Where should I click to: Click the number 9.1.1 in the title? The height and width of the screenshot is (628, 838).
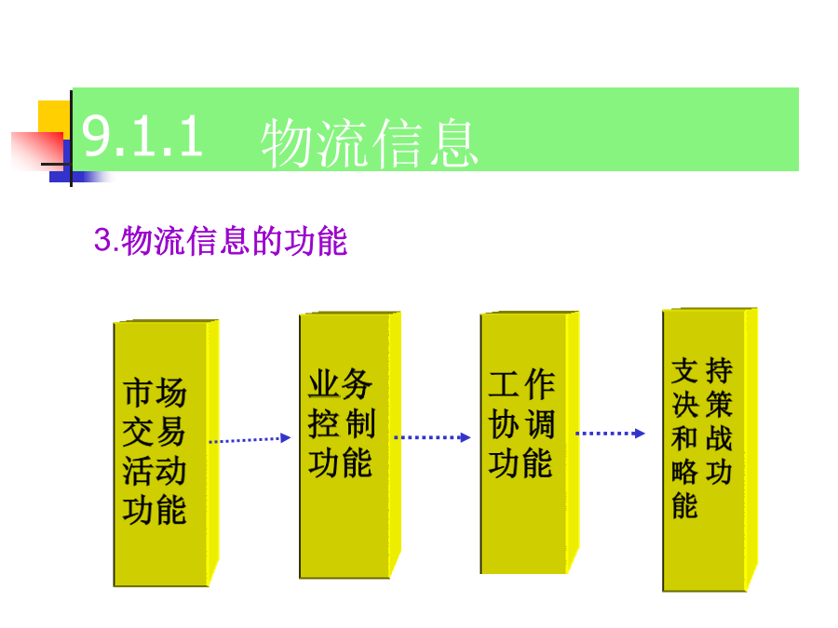pyautogui.click(x=142, y=138)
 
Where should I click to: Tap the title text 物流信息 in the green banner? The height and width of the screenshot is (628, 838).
pyautogui.click(x=370, y=143)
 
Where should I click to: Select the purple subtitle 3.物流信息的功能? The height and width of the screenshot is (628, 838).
pyautogui.click(x=221, y=241)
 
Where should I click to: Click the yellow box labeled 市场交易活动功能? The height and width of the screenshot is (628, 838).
pyautogui.click(x=167, y=453)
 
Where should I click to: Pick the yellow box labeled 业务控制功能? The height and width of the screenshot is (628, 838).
pyautogui.click(x=350, y=445)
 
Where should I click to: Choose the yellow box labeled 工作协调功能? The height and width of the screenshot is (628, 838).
pyautogui.click(x=530, y=443)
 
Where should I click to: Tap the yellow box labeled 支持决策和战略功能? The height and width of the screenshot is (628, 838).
pyautogui.click(x=710, y=449)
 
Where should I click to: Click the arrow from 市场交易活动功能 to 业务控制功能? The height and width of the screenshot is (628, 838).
pyautogui.click(x=250, y=439)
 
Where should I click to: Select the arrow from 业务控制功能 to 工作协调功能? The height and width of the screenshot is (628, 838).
pyautogui.click(x=432, y=437)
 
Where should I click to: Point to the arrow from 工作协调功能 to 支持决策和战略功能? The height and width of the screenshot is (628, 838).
pyautogui.click(x=610, y=433)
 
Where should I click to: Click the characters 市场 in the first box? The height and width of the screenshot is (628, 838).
pyautogui.click(x=155, y=393)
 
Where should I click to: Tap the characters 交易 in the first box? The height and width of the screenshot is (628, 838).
pyautogui.click(x=154, y=432)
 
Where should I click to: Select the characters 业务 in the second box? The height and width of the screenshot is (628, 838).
pyautogui.click(x=341, y=383)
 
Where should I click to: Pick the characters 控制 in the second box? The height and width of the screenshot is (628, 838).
pyautogui.click(x=341, y=423)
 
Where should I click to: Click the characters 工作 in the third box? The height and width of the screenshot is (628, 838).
pyautogui.click(x=521, y=384)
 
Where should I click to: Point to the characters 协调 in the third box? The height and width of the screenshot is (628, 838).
pyautogui.click(x=521, y=424)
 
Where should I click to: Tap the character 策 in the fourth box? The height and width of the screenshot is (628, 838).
pyautogui.click(x=720, y=405)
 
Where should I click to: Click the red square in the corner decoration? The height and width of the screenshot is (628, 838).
pyautogui.click(x=37, y=151)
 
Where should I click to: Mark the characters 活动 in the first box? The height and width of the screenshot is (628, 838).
pyautogui.click(x=154, y=471)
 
